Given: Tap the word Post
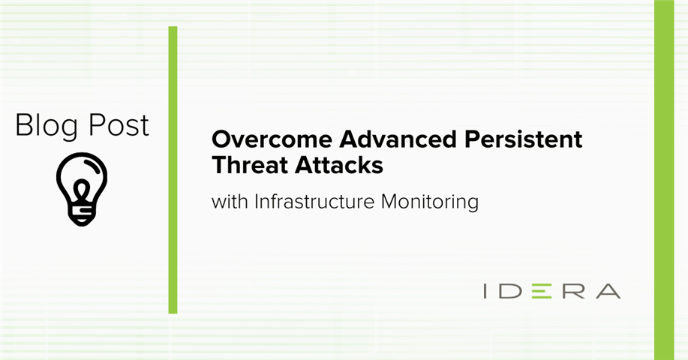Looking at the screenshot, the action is [x=119, y=125].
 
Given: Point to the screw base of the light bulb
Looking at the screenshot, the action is [x=82, y=214].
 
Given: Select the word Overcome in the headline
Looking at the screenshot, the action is [x=272, y=139].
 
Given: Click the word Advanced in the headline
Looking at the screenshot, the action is [x=398, y=139].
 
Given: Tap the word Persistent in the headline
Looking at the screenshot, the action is [x=523, y=139].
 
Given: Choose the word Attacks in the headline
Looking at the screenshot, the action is [x=338, y=166].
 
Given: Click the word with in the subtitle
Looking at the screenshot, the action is [x=230, y=202].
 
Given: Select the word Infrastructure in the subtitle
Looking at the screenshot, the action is [x=314, y=202].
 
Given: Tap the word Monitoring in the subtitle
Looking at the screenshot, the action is [x=430, y=203].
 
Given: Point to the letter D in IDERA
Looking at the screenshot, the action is [x=509, y=291].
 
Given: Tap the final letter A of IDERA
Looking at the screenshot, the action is [x=608, y=291].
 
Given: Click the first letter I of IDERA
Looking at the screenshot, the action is [x=485, y=291].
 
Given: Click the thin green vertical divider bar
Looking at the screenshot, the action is [x=173, y=170].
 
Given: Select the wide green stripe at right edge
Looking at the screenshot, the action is [x=664, y=180].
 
